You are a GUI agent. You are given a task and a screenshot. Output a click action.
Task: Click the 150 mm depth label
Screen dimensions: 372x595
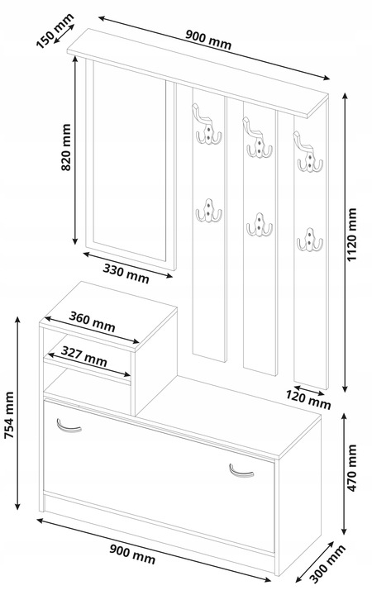55,31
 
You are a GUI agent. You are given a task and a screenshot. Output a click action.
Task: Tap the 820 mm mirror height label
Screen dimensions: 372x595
66,147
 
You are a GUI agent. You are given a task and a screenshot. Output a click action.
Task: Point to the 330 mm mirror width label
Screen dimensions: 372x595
126,274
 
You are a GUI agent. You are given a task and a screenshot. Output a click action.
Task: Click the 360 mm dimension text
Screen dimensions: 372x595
92,321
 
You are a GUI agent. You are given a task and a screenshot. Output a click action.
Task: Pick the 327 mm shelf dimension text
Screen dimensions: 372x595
83,356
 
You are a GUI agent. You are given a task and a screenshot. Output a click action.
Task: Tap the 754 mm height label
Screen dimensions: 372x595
9,416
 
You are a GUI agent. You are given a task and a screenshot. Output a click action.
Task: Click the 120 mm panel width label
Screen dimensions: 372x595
308,400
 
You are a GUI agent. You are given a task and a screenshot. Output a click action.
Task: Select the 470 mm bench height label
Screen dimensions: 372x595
352,468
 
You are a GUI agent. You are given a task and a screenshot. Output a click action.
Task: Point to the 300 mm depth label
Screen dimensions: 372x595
328,564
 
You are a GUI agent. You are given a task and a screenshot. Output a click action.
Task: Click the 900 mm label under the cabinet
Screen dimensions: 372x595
132,554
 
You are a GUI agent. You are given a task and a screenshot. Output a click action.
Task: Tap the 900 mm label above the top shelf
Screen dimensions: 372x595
208,40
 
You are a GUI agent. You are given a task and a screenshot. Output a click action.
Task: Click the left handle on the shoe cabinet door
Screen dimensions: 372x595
69,426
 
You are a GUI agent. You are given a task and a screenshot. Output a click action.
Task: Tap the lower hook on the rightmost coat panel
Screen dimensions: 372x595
310,239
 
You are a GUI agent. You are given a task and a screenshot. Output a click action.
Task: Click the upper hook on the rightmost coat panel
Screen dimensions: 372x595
308,151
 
